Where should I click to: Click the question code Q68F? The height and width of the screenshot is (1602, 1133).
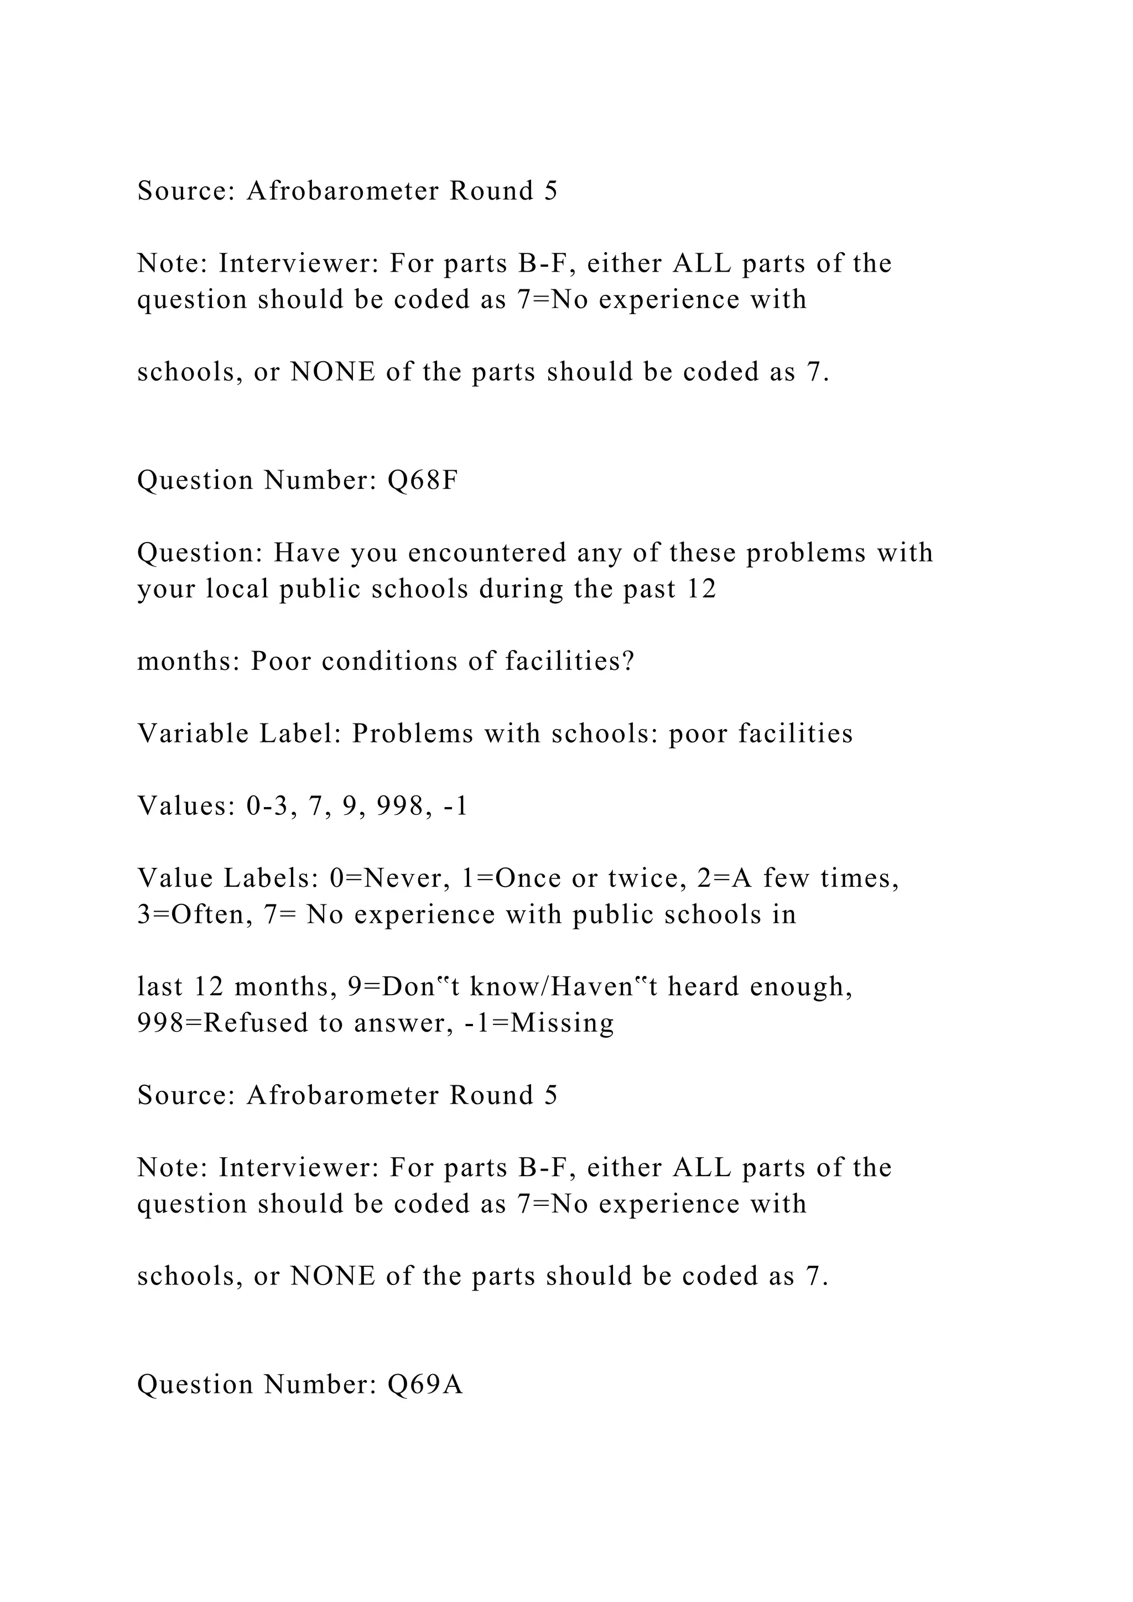[423, 481]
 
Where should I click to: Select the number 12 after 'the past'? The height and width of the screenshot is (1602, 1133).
[701, 590]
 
